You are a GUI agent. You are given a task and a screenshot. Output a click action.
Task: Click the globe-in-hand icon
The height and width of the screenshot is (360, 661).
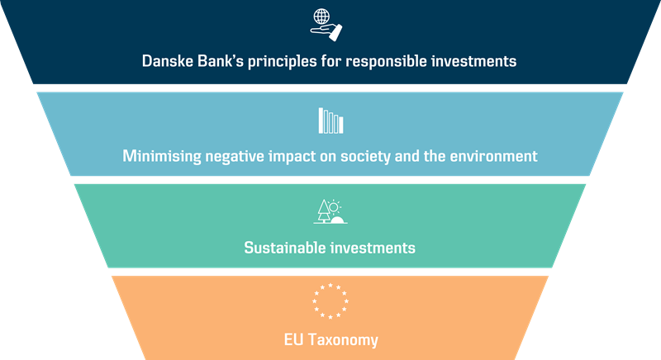click(x=326, y=25)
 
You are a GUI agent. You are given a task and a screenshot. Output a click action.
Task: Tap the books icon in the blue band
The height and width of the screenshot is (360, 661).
click(x=331, y=121)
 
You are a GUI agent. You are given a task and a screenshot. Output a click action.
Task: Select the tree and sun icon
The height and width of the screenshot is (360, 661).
click(x=330, y=211)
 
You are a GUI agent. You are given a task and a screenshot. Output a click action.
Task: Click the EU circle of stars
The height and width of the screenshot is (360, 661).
click(x=330, y=301)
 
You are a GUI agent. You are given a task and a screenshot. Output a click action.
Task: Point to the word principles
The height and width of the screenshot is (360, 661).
click(x=282, y=62)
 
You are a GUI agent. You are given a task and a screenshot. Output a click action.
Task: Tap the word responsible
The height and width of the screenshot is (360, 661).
click(x=386, y=62)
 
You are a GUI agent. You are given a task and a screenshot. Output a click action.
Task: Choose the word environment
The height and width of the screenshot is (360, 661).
click(x=493, y=157)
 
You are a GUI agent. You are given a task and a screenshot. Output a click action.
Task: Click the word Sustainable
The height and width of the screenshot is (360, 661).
click(x=284, y=248)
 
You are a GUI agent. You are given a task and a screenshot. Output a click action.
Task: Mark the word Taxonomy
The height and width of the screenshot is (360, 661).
click(x=343, y=340)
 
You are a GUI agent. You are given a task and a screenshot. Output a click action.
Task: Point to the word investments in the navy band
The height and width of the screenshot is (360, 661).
click(x=473, y=61)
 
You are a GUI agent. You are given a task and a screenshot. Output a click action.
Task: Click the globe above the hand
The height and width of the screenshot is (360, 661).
click(x=321, y=17)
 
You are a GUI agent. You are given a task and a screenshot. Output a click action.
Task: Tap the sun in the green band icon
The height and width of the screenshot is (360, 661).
click(x=334, y=206)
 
